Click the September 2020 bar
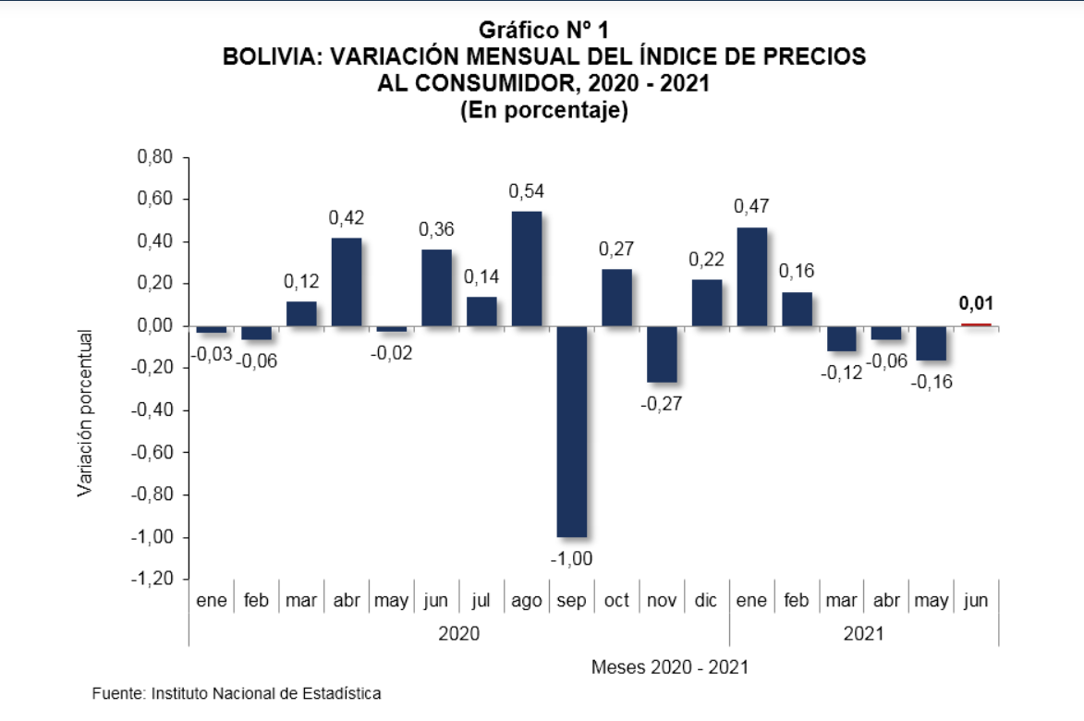coord(572,431)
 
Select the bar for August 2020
coord(527,268)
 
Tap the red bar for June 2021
coord(976,324)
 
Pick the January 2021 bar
coord(751,276)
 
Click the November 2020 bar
coord(662,354)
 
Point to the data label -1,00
coord(572,559)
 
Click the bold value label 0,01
coord(976,303)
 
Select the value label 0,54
coord(527,191)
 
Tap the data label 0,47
coord(751,207)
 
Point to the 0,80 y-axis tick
coord(155,157)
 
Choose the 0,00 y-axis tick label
coord(155,326)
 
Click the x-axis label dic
coord(706,601)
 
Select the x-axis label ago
coord(527,601)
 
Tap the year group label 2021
coord(863,634)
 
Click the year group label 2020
coord(458,634)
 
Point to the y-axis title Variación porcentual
coord(84,412)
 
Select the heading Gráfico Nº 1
coord(544,31)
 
